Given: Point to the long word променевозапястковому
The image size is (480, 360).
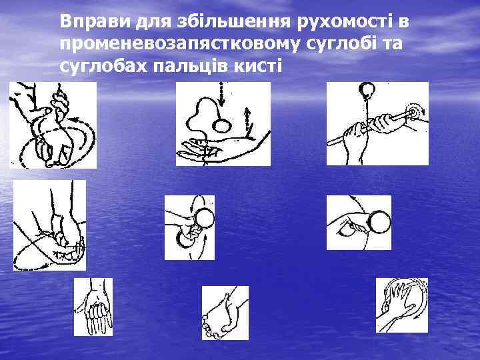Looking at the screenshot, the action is pyautogui.click(x=180, y=45).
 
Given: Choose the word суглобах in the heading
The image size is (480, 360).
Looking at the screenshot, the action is pyautogui.click(x=103, y=66).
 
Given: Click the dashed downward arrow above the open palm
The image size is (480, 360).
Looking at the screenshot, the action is pyautogui.click(x=221, y=93).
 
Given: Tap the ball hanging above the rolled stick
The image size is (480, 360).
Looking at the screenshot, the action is pyautogui.click(x=367, y=89).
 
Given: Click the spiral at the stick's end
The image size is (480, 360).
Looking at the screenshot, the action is pyautogui.click(x=413, y=112).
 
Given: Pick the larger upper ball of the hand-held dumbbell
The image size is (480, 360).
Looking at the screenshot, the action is pyautogui.click(x=204, y=218).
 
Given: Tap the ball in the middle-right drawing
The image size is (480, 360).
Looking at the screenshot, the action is pyautogui.click(x=379, y=222).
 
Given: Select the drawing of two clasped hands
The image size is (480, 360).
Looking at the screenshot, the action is pyautogui.click(x=225, y=313).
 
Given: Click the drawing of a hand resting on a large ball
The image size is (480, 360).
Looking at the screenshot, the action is pyautogui.click(x=402, y=305).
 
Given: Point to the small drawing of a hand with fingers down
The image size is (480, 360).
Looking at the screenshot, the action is pyautogui.click(x=93, y=307).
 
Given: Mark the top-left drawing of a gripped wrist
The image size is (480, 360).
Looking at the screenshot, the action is pyautogui.click(x=53, y=125).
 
